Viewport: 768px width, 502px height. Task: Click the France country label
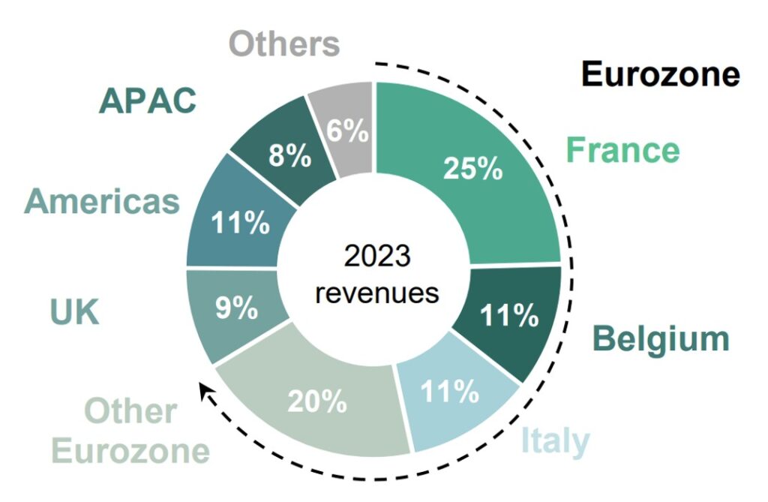pos(622,150)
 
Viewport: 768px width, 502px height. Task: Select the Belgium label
pos(660,339)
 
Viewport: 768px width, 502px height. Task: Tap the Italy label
pos(555,441)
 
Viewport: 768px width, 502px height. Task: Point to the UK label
pos(74,312)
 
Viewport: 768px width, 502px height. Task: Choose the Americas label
pos(102,202)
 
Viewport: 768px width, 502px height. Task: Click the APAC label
pos(147,101)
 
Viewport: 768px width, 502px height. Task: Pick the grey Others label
pos(283,44)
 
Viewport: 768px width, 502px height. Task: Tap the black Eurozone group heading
pos(661,74)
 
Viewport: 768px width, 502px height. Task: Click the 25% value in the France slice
pos(472,168)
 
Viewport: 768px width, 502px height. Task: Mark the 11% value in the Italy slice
pos(450,391)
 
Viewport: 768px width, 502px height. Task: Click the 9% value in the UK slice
pos(236,308)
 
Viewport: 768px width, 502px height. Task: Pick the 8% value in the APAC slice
pos(286,158)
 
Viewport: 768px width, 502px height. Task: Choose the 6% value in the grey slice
pos(347,132)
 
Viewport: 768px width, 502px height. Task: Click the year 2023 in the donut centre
pos(377,257)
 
